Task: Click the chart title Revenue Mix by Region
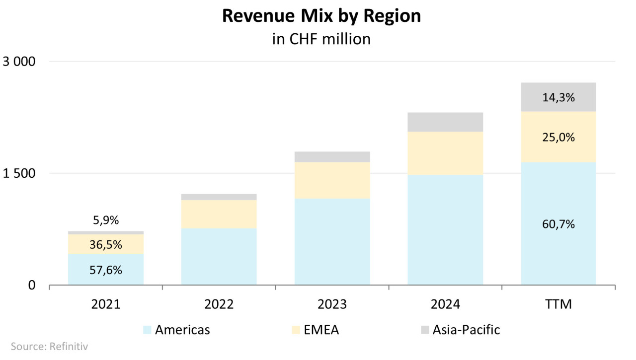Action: (321, 16)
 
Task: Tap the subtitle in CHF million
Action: (321, 39)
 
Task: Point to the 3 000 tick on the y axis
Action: (19, 62)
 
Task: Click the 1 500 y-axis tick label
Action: (19, 173)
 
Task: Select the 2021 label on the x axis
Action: (106, 304)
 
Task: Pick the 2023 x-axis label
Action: (332, 304)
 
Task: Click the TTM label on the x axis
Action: (558, 304)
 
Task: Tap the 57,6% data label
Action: (106, 270)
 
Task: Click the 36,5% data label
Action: (106, 244)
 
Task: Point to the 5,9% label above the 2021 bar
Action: (106, 220)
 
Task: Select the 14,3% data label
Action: (558, 98)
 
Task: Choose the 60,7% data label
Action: (558, 224)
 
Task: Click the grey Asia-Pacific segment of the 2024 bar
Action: (445, 122)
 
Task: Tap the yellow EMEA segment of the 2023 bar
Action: (332, 180)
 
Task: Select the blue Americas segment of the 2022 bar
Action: (219, 256)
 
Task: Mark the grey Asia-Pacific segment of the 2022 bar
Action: (219, 197)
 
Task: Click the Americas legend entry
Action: (176, 330)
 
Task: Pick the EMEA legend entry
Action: (316, 330)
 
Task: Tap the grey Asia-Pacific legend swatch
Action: (425, 330)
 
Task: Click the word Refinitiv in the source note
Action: (69, 347)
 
